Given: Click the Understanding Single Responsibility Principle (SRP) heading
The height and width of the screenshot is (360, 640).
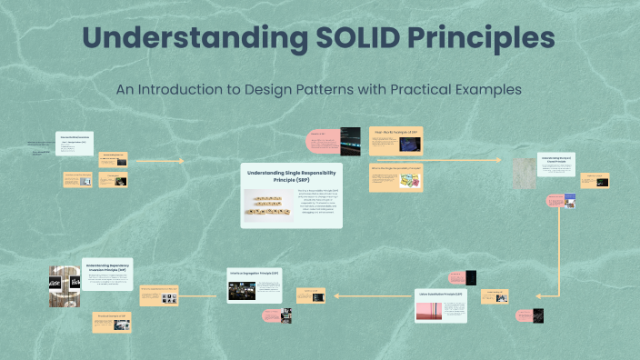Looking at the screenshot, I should click(292, 175).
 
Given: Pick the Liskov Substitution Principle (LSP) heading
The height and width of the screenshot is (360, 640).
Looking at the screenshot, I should click(441, 295).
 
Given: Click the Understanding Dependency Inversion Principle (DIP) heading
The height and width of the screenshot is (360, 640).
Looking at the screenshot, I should click(107, 268).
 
